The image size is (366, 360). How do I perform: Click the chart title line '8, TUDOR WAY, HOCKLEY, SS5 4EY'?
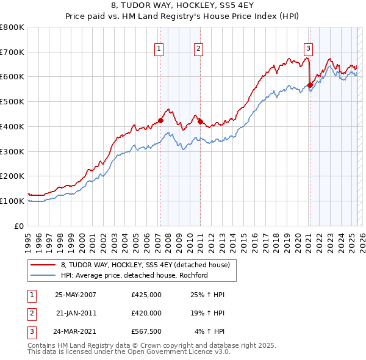click(x=182, y=6)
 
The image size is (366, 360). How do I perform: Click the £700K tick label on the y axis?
click(x=12, y=52)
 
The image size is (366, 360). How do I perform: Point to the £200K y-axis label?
click(x=12, y=176)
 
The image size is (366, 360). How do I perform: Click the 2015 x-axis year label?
click(x=243, y=238)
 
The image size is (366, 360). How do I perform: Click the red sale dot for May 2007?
click(x=161, y=120)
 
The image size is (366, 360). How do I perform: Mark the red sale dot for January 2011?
click(x=201, y=121)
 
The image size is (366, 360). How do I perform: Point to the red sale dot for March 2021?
click(x=310, y=85)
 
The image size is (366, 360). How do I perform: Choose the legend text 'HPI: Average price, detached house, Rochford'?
click(x=134, y=275)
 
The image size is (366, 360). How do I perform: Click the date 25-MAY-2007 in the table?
click(x=76, y=295)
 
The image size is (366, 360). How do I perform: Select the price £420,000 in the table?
click(x=146, y=313)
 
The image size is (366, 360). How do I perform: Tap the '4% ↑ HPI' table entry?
click(x=210, y=331)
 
